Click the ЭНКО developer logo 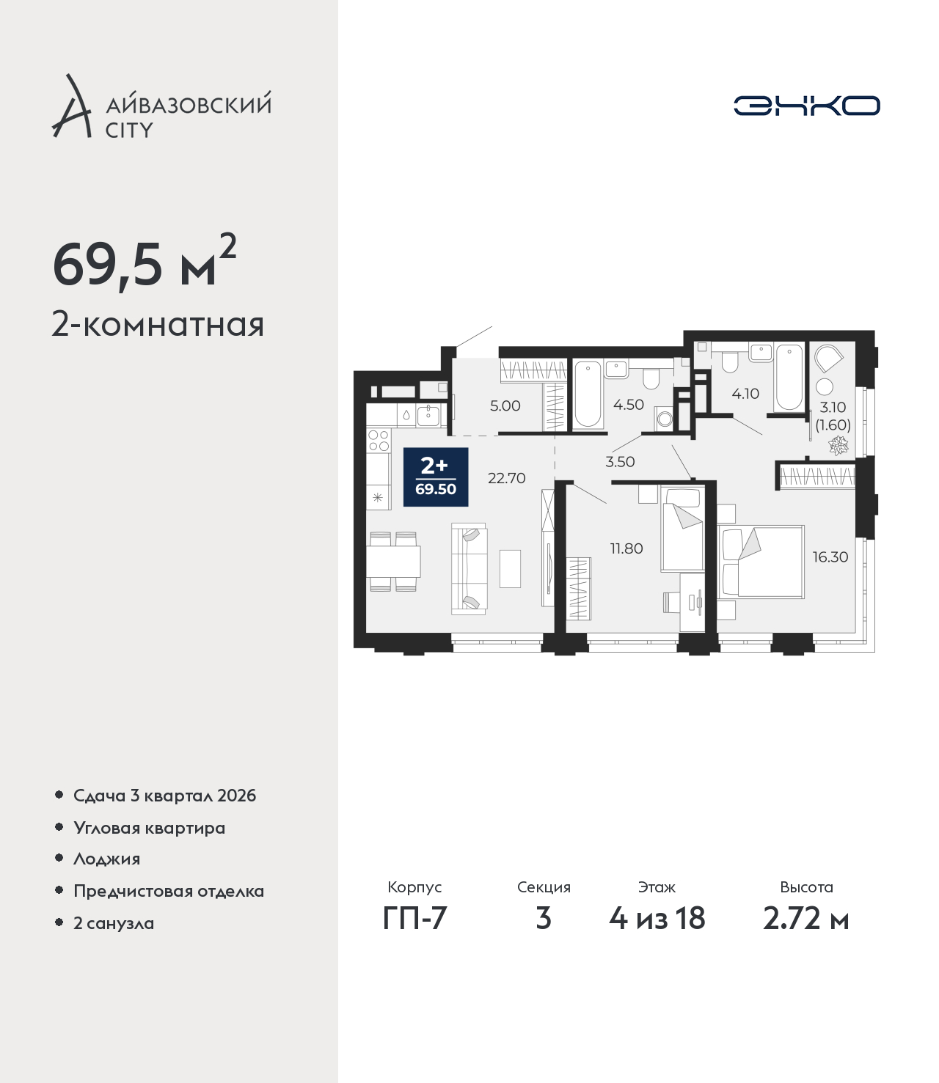[x=806, y=106]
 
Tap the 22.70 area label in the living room [x=506, y=478]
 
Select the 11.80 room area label [x=626, y=548]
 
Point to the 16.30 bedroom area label [x=830, y=557]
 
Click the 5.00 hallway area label [x=505, y=405]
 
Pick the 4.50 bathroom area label [x=628, y=405]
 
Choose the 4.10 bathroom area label [x=745, y=394]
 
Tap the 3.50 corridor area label [x=620, y=462]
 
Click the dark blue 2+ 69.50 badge [x=436, y=477]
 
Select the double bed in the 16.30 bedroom [x=761, y=562]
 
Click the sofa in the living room [x=469, y=568]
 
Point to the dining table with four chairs [x=393, y=562]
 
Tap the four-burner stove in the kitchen [x=379, y=441]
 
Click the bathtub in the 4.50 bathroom [x=587, y=394]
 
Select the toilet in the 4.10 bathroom [x=729, y=361]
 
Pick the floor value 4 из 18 [x=657, y=933]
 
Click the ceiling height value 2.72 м [x=805, y=933]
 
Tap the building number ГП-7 [x=414, y=933]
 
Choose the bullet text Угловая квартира [x=150, y=828]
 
